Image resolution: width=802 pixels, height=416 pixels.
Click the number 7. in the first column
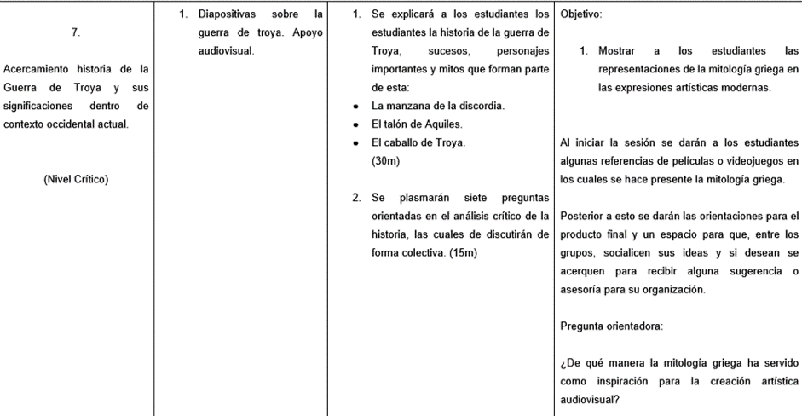tap(77, 33)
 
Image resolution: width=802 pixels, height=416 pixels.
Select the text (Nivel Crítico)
tap(76, 179)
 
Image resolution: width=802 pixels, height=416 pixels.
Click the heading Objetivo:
tap(581, 14)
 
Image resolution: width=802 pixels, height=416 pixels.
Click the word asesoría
tap(581, 289)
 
